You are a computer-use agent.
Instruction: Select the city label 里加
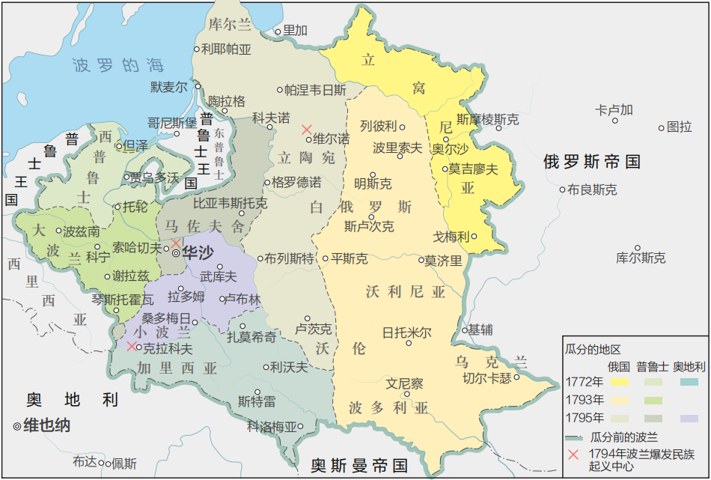296,31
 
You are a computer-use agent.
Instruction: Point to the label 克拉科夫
168,348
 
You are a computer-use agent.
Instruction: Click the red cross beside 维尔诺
306,130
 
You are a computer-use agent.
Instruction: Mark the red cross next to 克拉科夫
132,346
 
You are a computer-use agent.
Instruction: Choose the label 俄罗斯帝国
592,161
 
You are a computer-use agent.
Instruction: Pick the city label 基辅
480,329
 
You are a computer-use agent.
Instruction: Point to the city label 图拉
680,127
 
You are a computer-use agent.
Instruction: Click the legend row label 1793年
585,399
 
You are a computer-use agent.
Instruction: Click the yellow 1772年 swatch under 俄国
619,382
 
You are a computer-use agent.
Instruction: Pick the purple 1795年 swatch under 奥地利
689,418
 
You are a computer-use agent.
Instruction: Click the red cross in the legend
573,454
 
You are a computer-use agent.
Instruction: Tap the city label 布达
85,462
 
